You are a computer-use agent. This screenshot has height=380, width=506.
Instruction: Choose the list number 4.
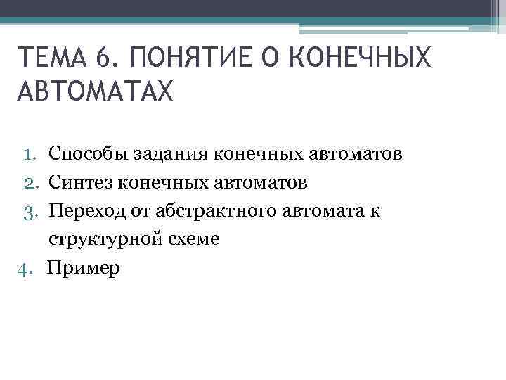[27, 268]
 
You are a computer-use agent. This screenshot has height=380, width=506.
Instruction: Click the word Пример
[84, 268]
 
